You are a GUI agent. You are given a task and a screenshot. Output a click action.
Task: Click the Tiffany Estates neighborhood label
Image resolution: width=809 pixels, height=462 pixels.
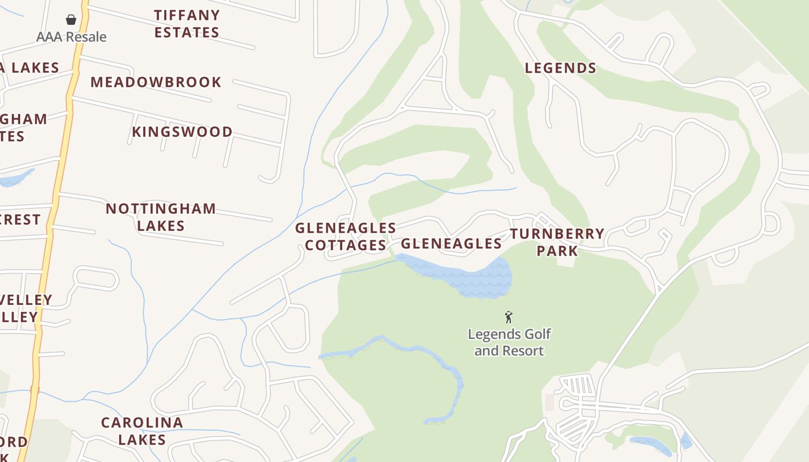click(x=187, y=24)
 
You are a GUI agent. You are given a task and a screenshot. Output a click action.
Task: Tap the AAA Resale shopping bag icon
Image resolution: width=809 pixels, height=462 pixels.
click(x=71, y=20)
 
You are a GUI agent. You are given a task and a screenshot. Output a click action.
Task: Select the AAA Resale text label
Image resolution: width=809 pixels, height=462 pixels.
click(x=71, y=37)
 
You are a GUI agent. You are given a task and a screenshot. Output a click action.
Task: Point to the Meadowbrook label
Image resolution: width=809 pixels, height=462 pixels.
click(x=156, y=82)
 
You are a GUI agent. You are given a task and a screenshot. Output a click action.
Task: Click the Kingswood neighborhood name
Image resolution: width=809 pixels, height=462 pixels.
click(x=182, y=132)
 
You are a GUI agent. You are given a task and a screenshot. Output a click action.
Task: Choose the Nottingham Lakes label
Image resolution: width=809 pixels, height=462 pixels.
click(x=161, y=217)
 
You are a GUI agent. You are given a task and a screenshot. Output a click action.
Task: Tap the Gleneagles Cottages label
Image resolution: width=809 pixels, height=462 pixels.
click(x=346, y=237)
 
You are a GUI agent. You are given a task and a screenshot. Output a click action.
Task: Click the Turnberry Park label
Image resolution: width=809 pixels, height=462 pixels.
click(x=557, y=242)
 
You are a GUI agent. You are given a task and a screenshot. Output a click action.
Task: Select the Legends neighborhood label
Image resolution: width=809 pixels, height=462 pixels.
click(x=561, y=68)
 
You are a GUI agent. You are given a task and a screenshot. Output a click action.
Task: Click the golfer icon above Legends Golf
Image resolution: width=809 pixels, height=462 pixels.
click(x=509, y=317)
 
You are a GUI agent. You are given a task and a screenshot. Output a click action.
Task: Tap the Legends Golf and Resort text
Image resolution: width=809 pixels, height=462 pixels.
click(x=509, y=342)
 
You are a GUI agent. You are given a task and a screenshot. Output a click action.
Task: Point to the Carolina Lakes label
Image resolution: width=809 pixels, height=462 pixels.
click(x=142, y=431)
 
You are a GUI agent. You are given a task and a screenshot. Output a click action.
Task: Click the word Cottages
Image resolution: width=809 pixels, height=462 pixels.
click(x=346, y=245)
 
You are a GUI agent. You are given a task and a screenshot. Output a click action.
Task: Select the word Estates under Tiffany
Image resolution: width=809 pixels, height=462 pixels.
click(x=187, y=32)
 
